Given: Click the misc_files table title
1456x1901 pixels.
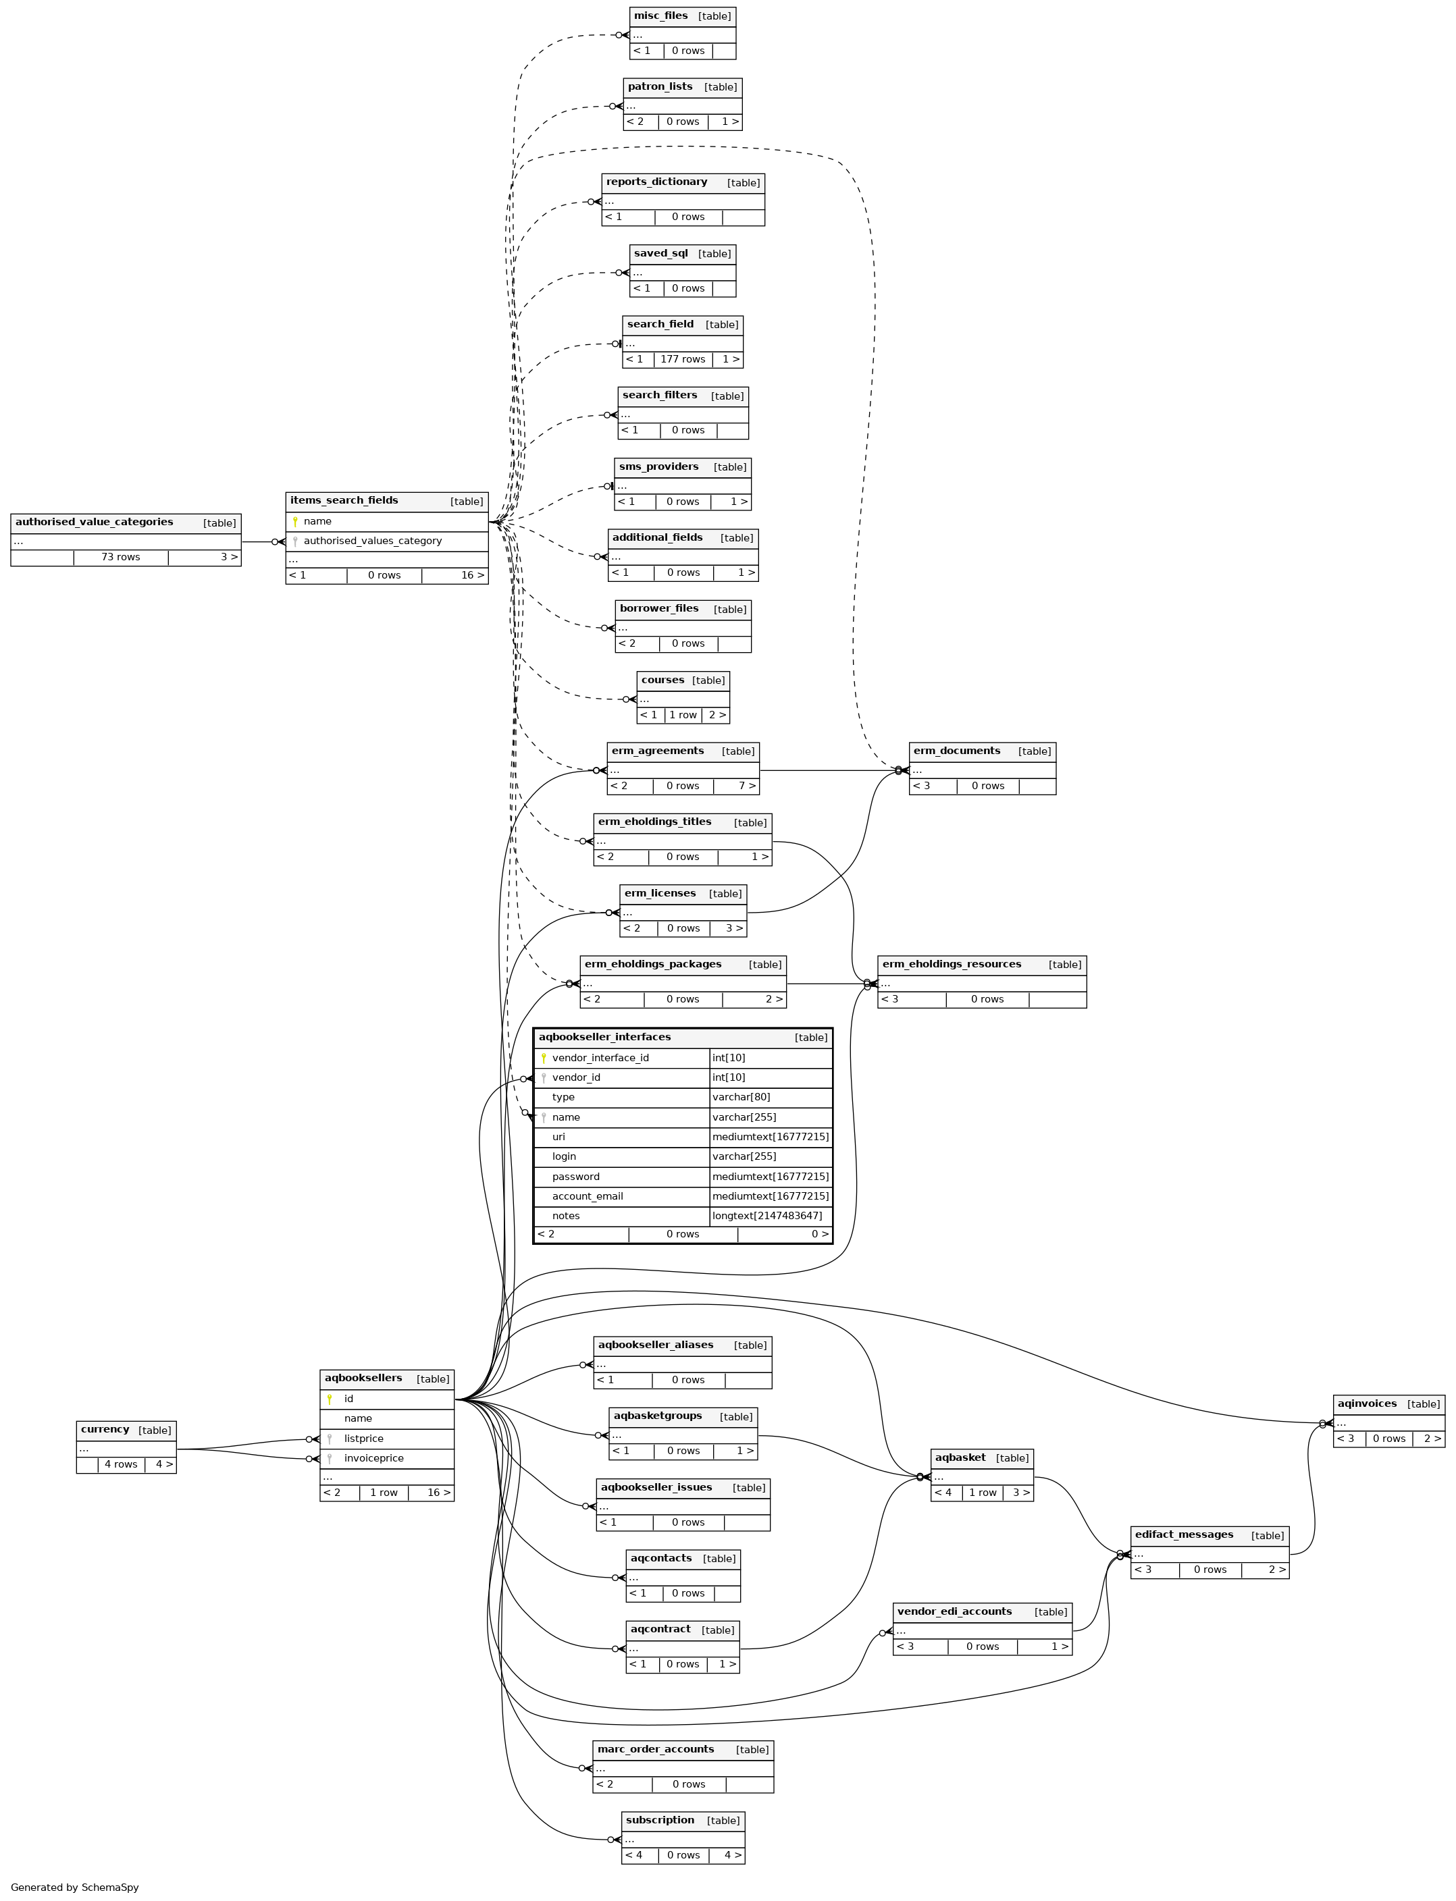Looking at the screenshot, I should (x=660, y=16).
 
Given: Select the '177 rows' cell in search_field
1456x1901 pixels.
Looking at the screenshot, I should (x=683, y=360).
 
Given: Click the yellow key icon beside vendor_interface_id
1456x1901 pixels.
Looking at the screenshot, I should (x=544, y=1058).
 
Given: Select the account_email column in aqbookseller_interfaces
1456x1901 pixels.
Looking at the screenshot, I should (x=587, y=1197).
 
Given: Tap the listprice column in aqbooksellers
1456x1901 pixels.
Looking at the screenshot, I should (x=363, y=1439).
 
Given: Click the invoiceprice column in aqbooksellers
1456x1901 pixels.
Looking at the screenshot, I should (x=373, y=1458).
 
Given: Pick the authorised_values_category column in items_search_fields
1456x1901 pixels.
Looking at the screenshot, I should (x=373, y=541).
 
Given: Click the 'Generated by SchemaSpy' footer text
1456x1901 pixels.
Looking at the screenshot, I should (x=74, y=1887).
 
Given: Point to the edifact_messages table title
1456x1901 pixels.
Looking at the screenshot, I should (x=1184, y=1534).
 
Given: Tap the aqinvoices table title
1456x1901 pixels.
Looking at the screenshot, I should (x=1367, y=1403).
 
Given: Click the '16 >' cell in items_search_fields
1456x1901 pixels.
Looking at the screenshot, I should (x=472, y=575).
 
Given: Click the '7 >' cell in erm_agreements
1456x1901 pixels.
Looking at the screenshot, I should (x=747, y=786).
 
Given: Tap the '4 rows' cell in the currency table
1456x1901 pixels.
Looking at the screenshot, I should (x=120, y=1464).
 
